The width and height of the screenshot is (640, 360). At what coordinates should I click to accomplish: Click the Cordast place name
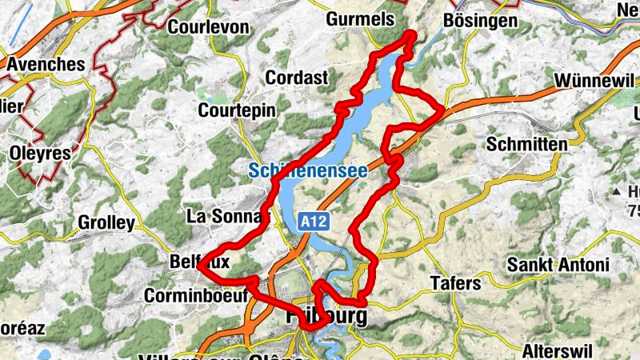point(296,78)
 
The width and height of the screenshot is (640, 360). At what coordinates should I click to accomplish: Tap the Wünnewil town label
point(594,82)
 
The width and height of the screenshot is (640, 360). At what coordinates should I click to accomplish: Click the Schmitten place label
point(526,144)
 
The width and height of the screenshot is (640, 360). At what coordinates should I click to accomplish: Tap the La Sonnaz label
point(224,216)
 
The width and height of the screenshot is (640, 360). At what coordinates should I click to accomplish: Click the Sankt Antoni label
point(559,265)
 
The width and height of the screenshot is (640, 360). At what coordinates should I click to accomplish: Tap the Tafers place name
point(455,283)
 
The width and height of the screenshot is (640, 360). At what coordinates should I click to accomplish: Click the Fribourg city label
point(326,316)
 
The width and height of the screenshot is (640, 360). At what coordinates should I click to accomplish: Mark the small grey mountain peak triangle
point(617,193)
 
